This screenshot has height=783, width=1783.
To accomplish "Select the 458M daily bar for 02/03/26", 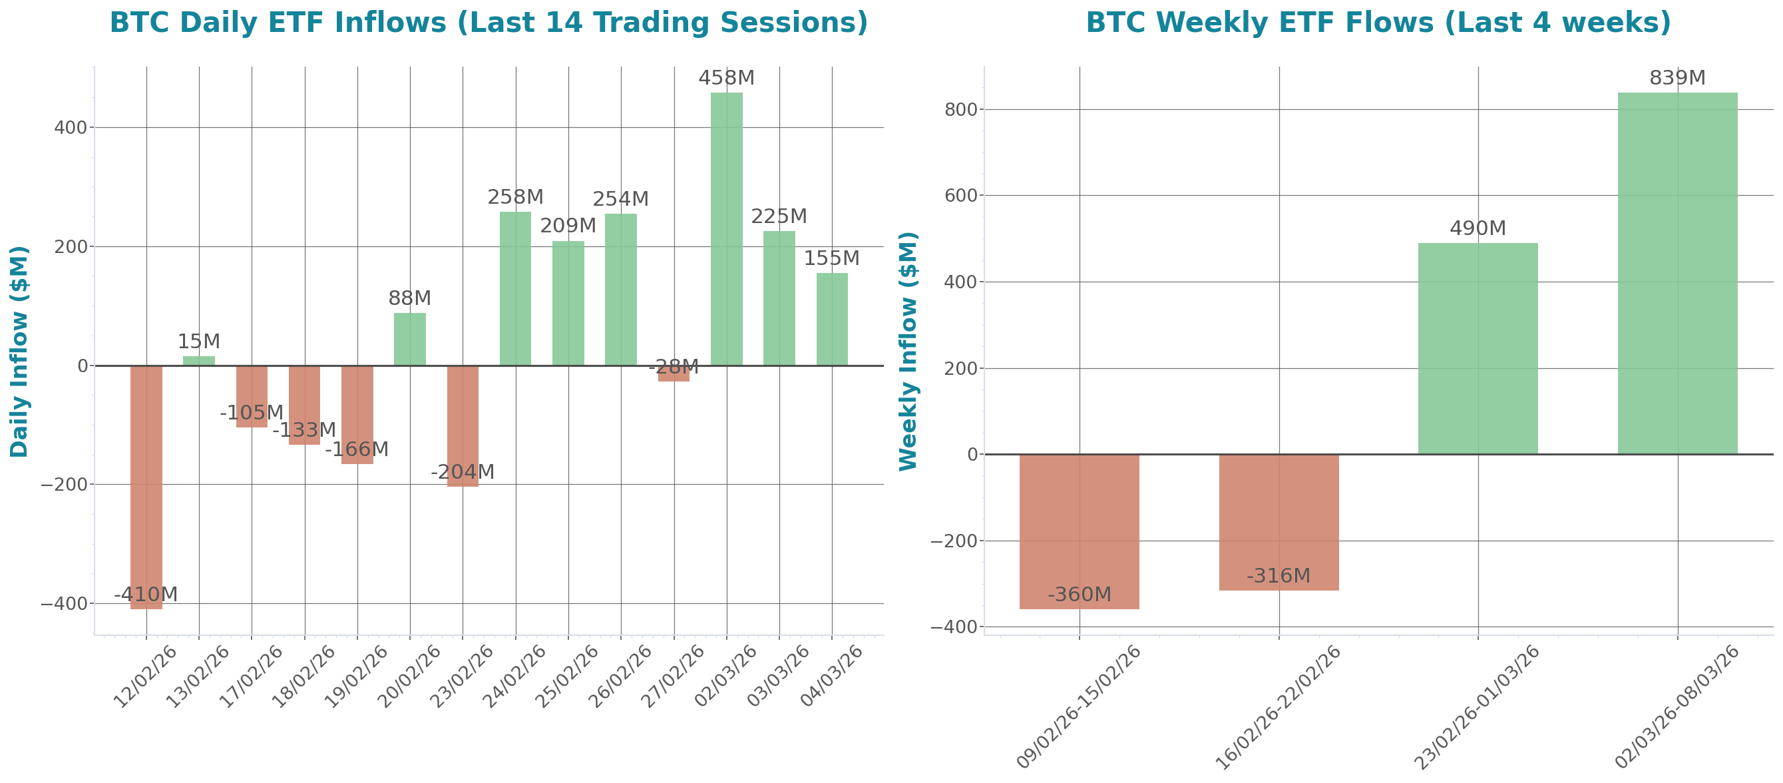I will coord(726,228).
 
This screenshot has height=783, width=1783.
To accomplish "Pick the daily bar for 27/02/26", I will coord(674,373).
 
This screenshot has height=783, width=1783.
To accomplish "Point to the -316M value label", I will coord(1279,576).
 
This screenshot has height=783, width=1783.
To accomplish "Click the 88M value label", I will coord(409,298).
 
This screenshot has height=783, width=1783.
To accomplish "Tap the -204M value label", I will coord(463,472).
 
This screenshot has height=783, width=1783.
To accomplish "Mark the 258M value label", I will coord(516,197).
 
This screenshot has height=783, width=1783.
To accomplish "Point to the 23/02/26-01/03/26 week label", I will coord(1476,706).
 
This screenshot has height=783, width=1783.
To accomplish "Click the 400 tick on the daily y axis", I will coord(71,128).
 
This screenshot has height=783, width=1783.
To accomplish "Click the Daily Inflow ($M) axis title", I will coord(19,352).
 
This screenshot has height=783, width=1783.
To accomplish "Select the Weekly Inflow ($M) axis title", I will coord(908,352).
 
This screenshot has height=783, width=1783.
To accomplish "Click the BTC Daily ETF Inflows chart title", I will coord(489,23).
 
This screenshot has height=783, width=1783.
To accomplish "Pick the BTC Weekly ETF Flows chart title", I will coord(1378,23).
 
